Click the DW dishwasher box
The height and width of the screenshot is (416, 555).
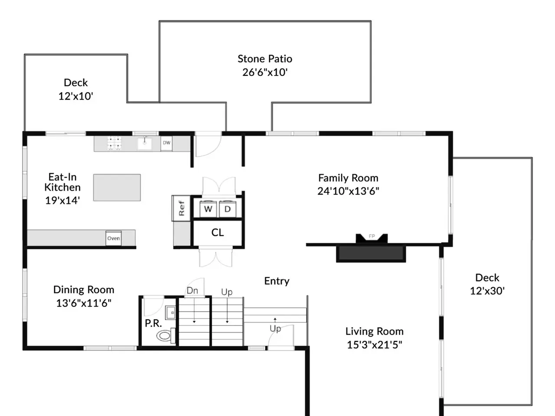(166, 143)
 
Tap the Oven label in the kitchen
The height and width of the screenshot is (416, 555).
(114, 238)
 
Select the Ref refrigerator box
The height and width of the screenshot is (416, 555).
(181, 208)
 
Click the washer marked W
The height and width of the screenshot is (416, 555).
(208, 209)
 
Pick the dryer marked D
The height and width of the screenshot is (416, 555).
(228, 209)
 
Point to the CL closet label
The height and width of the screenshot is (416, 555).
(218, 233)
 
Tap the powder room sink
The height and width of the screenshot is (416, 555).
(171, 313)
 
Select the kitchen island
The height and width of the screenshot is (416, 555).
(117, 187)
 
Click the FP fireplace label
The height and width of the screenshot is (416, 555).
(372, 237)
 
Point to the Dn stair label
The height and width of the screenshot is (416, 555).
(192, 290)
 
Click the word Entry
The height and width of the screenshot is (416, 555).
(277, 281)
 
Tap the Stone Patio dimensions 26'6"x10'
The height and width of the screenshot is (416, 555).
(265, 72)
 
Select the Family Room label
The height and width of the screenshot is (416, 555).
(348, 178)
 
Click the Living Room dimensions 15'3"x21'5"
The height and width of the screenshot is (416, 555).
(375, 344)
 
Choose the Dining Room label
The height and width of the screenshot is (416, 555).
(84, 290)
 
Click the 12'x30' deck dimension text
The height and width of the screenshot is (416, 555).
(487, 291)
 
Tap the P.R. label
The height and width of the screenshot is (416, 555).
(153, 323)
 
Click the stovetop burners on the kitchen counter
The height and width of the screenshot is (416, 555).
(114, 143)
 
